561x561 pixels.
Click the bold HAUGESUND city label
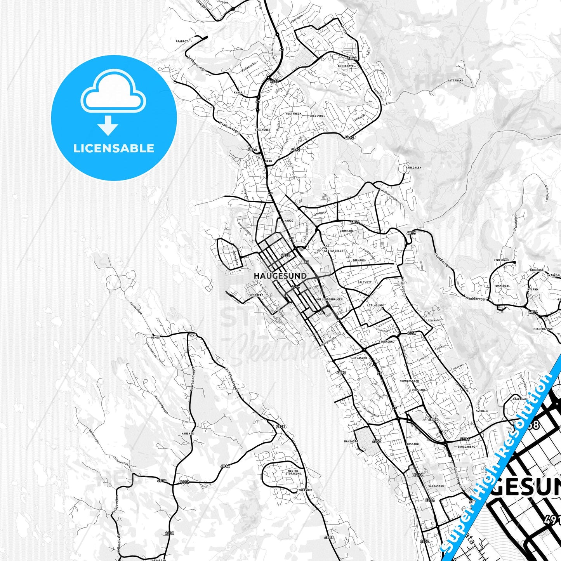point(280,276)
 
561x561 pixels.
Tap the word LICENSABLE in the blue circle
point(114,148)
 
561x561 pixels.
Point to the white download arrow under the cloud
point(108,125)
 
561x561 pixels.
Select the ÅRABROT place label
point(182,41)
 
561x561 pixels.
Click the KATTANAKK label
point(455,81)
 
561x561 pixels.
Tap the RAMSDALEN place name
point(413,168)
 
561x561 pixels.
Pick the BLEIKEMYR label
point(346,66)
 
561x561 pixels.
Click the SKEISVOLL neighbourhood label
point(317,116)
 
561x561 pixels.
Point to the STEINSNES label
point(262,130)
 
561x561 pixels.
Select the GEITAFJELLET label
point(335,251)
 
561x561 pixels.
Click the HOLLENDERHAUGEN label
point(330,299)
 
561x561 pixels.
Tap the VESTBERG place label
point(256,295)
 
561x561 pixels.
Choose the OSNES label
point(156,337)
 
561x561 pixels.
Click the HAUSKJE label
point(188,433)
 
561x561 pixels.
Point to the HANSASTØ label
point(351,441)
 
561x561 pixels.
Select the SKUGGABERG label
point(466,447)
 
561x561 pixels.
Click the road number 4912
point(225,466)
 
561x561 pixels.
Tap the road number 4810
point(162,481)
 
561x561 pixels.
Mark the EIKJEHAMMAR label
point(543,329)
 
